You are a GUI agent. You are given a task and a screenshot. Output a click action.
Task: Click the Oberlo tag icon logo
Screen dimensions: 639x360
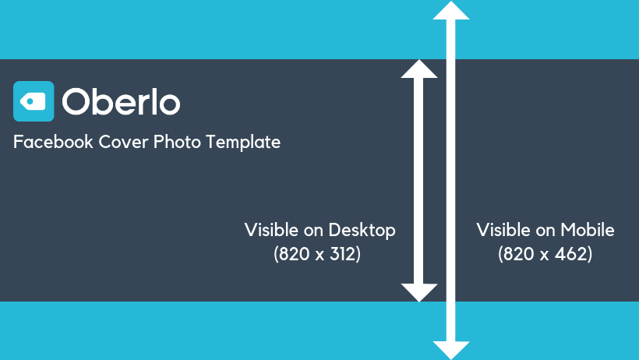coord(34,101)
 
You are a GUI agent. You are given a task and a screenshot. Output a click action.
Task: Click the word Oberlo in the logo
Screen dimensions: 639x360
coord(121,101)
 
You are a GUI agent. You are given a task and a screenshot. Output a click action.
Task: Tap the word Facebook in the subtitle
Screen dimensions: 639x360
coord(54,142)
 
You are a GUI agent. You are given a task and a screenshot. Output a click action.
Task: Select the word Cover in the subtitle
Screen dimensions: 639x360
coord(123,142)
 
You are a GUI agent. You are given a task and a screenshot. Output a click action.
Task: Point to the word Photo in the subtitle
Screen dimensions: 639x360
coord(177,142)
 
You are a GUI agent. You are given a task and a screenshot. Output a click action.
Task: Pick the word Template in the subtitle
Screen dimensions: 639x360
coord(243,143)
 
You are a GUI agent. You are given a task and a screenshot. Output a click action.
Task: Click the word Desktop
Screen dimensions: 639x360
coord(362,231)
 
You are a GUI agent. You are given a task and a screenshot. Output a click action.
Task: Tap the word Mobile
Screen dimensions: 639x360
coord(588,230)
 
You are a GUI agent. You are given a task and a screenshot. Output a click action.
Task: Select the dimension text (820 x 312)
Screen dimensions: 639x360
coord(317,254)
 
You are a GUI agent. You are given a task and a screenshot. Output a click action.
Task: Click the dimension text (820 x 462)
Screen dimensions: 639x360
coord(545,254)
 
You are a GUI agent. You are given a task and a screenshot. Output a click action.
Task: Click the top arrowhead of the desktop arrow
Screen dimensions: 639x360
coord(419,69)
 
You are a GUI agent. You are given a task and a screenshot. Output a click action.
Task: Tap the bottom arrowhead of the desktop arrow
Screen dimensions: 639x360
coord(419,293)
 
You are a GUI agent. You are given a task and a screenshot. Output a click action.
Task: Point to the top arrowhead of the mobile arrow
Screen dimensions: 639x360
coord(451,10)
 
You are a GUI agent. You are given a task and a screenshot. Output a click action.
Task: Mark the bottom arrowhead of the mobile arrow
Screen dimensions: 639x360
coord(451,350)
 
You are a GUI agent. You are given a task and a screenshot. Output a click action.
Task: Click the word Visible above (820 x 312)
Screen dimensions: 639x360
coord(271,230)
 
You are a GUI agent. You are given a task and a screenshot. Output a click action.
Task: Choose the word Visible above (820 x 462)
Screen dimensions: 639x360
coord(503,230)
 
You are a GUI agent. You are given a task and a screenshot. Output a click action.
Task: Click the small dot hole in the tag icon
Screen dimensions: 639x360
coord(30,101)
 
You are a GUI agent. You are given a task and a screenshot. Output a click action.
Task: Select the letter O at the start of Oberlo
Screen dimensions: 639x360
coord(76,101)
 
